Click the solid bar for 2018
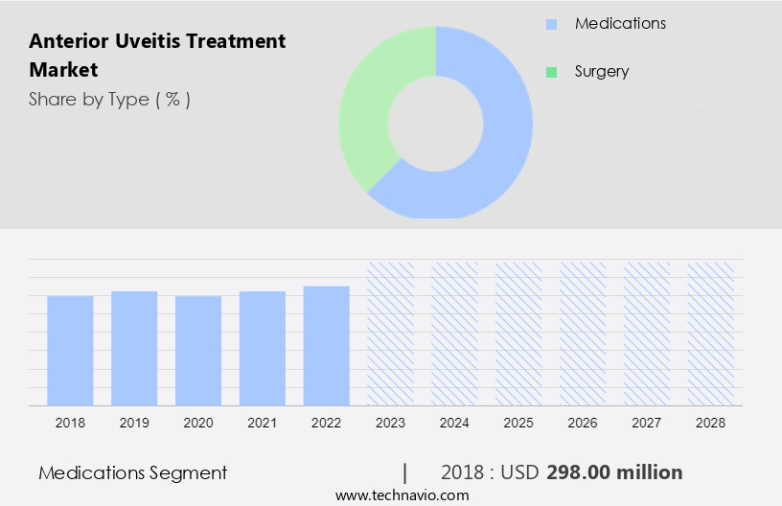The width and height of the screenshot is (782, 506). (70, 350)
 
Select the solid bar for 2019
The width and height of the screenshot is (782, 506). (134, 348)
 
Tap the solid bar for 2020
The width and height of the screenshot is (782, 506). (198, 350)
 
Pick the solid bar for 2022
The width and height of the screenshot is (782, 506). (327, 345)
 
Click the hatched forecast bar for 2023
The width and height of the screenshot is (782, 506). (391, 333)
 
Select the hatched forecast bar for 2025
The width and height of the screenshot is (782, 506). (518, 333)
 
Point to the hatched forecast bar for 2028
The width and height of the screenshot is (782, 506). (711, 333)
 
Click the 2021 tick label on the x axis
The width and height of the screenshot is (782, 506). (263, 422)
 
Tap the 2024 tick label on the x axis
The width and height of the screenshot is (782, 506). (454, 422)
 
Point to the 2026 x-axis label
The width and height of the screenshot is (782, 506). (583, 422)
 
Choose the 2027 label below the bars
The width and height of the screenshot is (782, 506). (647, 422)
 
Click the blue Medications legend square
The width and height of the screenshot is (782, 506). (550, 24)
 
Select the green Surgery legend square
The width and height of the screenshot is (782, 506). (550, 72)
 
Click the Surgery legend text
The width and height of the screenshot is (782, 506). (601, 72)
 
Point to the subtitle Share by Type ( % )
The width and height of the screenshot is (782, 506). (109, 99)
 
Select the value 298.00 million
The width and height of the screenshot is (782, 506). (614, 472)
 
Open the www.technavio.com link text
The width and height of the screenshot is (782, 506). (402, 494)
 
